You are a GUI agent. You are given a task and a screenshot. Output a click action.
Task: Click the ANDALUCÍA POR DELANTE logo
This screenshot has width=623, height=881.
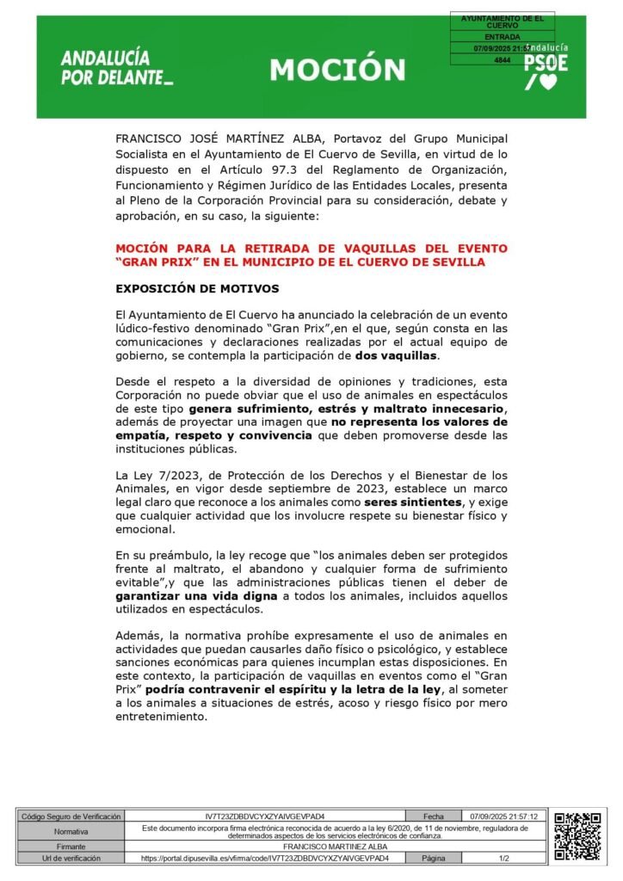(117, 68)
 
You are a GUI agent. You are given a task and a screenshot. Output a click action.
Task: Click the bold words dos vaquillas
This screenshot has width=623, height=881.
(397, 355)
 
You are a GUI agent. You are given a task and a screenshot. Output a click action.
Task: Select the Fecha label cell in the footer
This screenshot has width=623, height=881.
(433, 816)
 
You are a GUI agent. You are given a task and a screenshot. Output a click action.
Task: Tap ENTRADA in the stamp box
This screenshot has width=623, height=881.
(502, 38)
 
